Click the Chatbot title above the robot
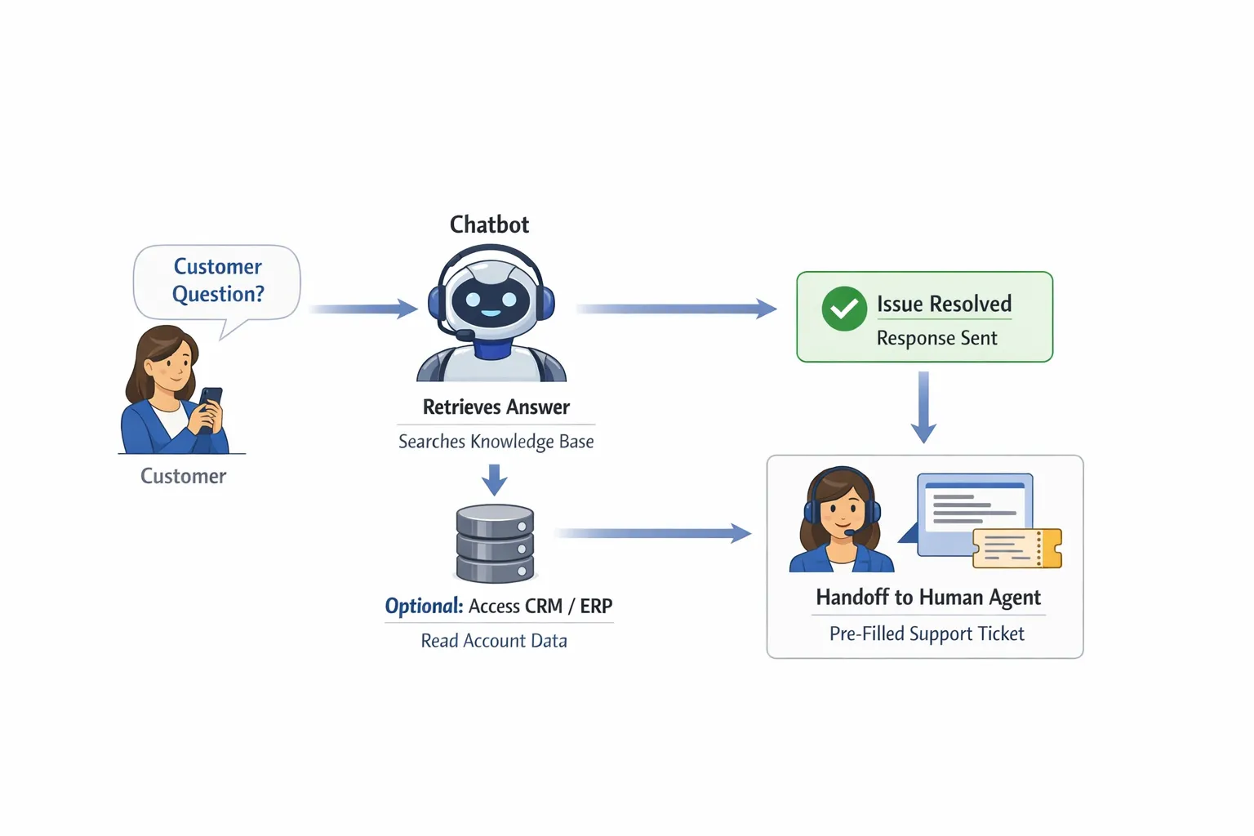(489, 225)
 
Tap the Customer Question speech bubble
(217, 281)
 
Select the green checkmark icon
(843, 309)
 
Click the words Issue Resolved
(944, 304)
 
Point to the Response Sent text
(936, 338)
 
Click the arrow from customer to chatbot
(363, 309)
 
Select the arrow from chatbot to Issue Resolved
(676, 309)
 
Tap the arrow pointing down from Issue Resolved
(923, 407)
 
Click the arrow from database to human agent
(652, 533)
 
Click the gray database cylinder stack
(495, 543)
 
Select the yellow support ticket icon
(1016, 548)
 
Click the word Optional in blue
(424, 606)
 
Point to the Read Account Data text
(494, 641)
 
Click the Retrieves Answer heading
(496, 407)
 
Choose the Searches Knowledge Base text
(496, 442)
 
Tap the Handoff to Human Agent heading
(928, 598)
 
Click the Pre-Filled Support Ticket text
(927, 634)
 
